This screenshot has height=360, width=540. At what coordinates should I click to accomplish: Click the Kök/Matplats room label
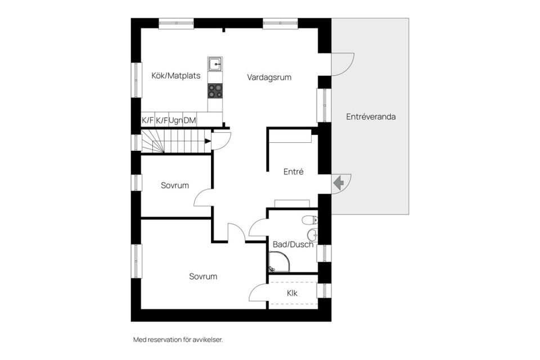pyautogui.click(x=176, y=76)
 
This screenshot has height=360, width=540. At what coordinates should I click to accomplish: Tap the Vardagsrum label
pyautogui.click(x=269, y=78)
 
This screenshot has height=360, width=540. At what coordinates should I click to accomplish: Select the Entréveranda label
pyautogui.click(x=371, y=117)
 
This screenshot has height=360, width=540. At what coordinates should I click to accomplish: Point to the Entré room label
pyautogui.click(x=293, y=172)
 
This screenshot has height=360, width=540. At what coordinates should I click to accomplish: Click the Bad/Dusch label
pyautogui.click(x=292, y=244)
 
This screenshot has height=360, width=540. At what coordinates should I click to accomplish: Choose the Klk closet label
pyautogui.click(x=292, y=293)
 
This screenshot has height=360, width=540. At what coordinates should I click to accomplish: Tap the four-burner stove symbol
pyautogui.click(x=215, y=90)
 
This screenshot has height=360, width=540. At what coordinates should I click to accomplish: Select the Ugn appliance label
pyautogui.click(x=175, y=120)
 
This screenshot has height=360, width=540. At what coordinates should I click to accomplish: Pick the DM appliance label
pyautogui.click(x=190, y=120)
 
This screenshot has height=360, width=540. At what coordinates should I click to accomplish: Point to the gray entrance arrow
pyautogui.click(x=339, y=183)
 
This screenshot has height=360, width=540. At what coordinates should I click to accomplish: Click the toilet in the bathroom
pyautogui.click(x=309, y=220)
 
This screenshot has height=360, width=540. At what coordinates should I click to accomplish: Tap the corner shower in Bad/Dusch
pyautogui.click(x=278, y=262)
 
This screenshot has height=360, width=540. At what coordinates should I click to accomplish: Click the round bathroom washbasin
pyautogui.click(x=313, y=236)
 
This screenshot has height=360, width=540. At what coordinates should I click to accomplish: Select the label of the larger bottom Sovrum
pyautogui.click(x=203, y=277)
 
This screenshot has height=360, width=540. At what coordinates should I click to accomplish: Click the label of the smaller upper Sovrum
pyautogui.click(x=175, y=185)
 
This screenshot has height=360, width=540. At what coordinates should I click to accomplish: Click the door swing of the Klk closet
pyautogui.click(x=258, y=294)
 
